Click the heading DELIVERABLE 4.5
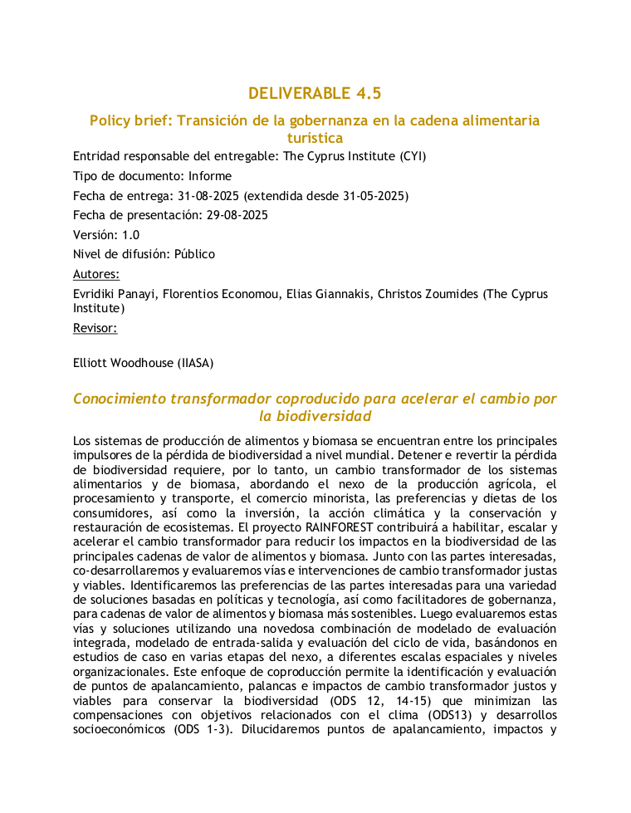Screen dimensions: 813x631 tap(315, 93)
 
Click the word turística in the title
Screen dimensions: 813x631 tap(315, 138)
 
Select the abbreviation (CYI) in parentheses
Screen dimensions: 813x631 tap(411, 155)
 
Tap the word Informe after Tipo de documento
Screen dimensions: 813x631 tap(210, 176)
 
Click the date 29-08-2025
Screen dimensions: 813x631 tap(237, 215)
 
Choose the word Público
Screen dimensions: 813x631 tap(194, 254)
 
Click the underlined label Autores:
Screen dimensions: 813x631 tap(96, 274)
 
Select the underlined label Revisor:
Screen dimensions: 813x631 tap(95, 328)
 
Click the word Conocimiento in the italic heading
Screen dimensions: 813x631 tap(120, 399)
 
